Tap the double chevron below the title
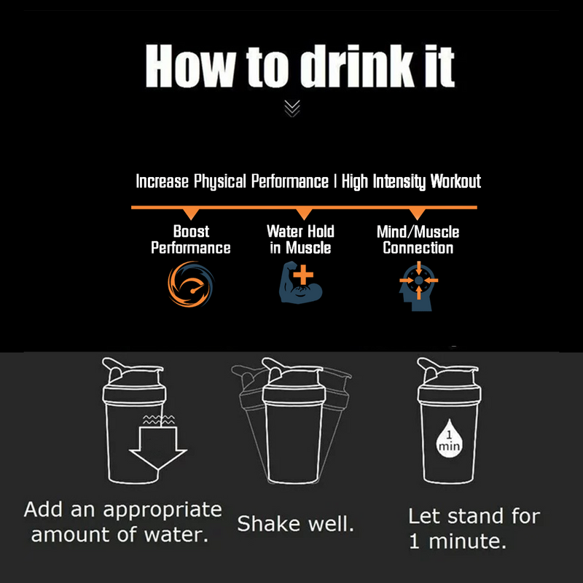pyautogui.click(x=292, y=109)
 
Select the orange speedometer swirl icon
pyautogui.click(x=191, y=284)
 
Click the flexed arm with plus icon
pyautogui.click(x=301, y=282)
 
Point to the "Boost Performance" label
pyautogui.click(x=191, y=240)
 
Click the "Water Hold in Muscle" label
pyautogui.click(x=300, y=240)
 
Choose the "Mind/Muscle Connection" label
pyautogui.click(x=418, y=240)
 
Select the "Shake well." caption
pyautogui.click(x=296, y=524)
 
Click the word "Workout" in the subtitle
pyautogui.click(x=455, y=181)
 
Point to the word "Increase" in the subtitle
pyautogui.click(x=162, y=181)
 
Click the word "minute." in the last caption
pyautogui.click(x=467, y=541)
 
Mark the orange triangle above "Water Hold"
pyautogui.click(x=304, y=214)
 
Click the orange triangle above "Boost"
pyautogui.click(x=191, y=214)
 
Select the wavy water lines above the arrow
pyautogui.click(x=158, y=420)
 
